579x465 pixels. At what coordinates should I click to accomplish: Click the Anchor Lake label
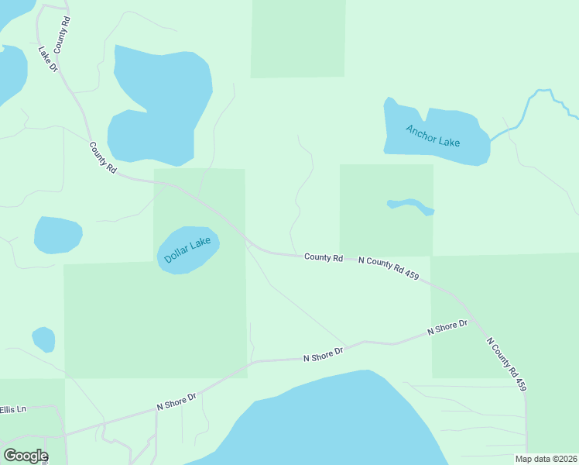[433, 136]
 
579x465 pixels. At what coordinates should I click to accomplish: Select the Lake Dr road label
[49, 59]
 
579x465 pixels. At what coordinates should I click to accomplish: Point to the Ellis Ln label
[12, 409]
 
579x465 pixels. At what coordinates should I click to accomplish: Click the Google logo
[26, 456]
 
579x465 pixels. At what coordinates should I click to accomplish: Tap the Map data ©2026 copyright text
[546, 459]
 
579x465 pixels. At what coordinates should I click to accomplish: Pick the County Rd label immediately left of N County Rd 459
[324, 257]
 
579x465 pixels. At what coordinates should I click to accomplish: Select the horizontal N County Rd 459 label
[389, 268]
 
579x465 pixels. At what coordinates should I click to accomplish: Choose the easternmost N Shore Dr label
[448, 328]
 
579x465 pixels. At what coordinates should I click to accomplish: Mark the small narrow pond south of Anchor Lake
[411, 206]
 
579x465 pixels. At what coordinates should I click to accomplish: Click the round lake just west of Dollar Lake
[58, 235]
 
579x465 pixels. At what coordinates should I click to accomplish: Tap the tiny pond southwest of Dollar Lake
[43, 339]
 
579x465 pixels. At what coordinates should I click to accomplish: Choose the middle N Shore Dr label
[323, 354]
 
